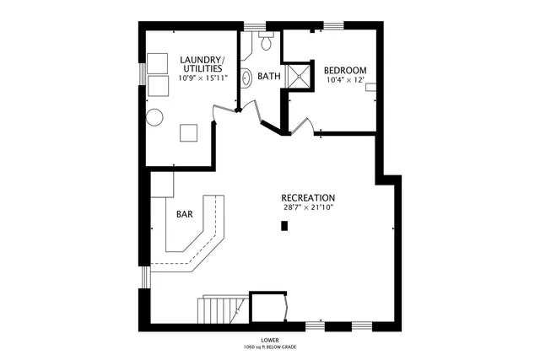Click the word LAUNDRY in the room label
coord(196,60)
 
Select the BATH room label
coord(269,76)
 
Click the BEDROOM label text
coord(345,70)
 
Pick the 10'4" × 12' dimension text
coord(345,81)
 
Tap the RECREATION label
coord(309,197)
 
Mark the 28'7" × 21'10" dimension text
coord(309,207)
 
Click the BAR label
coord(184,214)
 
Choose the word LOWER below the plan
coord(270,340)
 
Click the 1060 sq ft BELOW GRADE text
coord(270,347)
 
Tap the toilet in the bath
coord(266,40)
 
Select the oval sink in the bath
coord(246,79)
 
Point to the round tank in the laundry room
coord(155,117)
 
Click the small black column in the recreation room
coord(285,225)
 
